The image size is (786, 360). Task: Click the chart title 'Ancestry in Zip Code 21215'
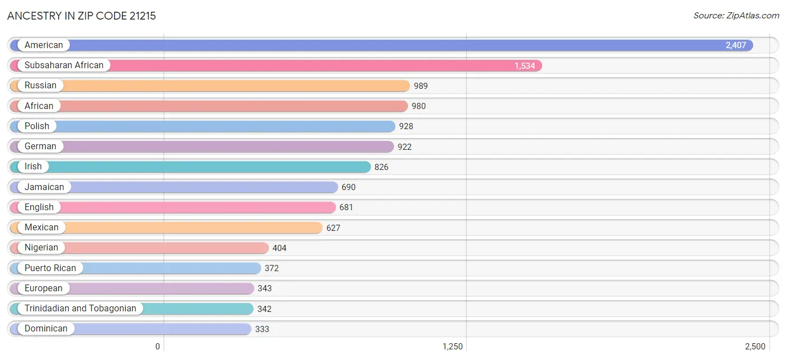(x=82, y=16)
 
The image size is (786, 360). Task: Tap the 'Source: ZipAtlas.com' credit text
(x=736, y=16)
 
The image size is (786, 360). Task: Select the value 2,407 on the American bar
(x=736, y=45)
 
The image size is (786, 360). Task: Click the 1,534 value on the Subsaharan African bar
(x=524, y=65)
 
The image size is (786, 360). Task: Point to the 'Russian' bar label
(x=40, y=86)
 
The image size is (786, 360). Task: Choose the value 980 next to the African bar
(x=419, y=106)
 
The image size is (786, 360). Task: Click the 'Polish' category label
(x=37, y=126)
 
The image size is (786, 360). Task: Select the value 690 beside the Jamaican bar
(x=348, y=187)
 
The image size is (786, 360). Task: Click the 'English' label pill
(x=39, y=207)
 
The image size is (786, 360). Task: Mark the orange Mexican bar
(x=166, y=228)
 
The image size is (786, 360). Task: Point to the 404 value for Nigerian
(x=280, y=248)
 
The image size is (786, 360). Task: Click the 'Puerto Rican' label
(x=50, y=268)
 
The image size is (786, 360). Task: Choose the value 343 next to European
(x=264, y=288)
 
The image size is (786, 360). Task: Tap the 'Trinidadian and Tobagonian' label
(x=81, y=308)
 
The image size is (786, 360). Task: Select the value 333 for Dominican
(x=262, y=329)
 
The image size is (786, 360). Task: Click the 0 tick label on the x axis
(x=158, y=347)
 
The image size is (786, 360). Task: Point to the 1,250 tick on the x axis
(x=452, y=347)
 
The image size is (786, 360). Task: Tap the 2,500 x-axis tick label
(x=755, y=347)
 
